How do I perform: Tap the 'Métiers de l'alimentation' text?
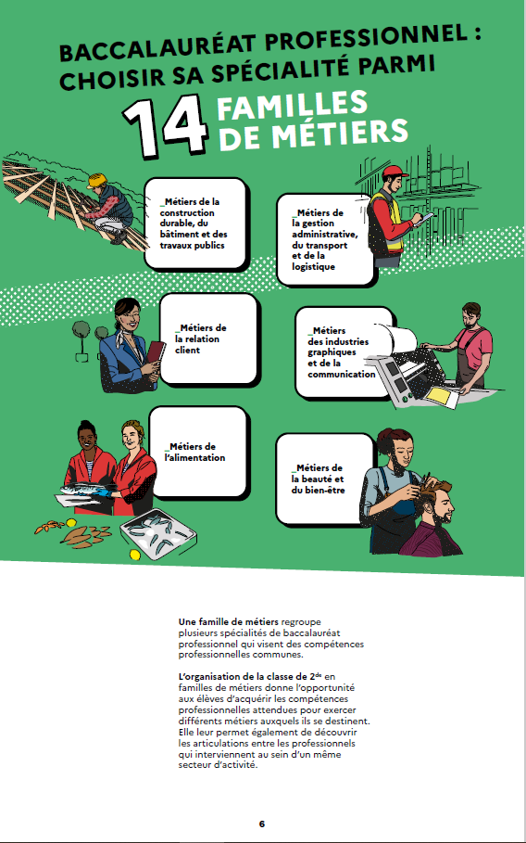click(x=194, y=453)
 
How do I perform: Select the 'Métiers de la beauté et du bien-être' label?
click(x=318, y=479)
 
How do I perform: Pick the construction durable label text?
click(x=194, y=224)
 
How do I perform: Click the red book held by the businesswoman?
click(x=156, y=352)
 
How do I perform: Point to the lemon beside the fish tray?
click(x=135, y=555)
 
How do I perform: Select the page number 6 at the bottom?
click(x=262, y=824)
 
